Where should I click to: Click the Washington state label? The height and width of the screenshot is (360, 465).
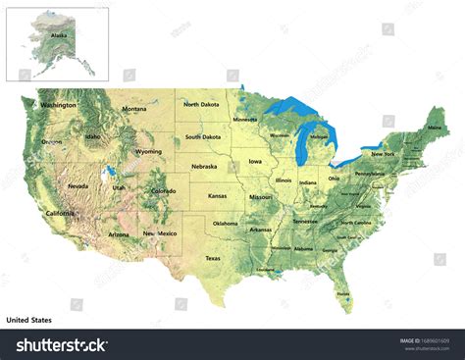tap(59, 104)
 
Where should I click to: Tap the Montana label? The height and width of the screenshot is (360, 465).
tap(133, 109)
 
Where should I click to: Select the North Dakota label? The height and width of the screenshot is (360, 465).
tap(202, 105)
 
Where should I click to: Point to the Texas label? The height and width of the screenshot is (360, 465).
tap(213, 258)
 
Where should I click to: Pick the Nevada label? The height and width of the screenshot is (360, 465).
tap(77, 185)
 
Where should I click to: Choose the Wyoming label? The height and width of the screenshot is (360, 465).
tap(149, 152)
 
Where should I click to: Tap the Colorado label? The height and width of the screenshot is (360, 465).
tap(164, 191)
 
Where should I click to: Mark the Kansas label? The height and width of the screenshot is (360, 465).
tap(218, 196)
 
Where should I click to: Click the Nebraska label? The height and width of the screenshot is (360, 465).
tap(204, 167)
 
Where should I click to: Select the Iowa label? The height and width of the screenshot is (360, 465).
tap(255, 160)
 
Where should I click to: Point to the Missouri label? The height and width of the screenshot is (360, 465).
tap(261, 197)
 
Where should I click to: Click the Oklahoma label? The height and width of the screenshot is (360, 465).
tap(226, 224)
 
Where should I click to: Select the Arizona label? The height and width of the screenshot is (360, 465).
tap(119, 234)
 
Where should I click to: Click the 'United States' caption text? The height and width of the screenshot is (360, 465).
tap(29, 320)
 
